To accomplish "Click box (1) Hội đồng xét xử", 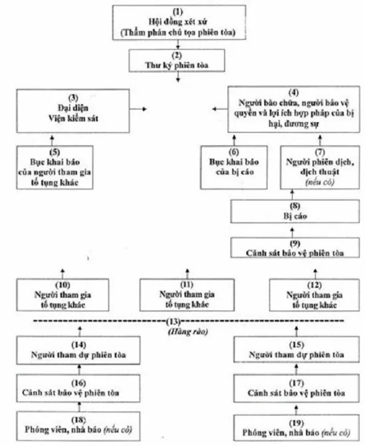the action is point(179,23).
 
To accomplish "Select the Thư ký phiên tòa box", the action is point(177,60).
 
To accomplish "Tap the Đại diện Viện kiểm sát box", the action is point(73,111).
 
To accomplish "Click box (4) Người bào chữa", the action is point(293,110).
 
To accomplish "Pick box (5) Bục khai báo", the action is point(54,167).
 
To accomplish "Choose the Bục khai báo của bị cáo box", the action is point(234,167).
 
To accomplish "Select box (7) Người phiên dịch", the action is point(320,167).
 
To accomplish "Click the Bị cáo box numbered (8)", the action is point(295,211).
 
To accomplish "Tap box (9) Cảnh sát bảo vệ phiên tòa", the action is point(295,248).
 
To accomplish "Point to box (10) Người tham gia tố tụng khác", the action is point(62,295).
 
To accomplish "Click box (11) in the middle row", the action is point(187,295).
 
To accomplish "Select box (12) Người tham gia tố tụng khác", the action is point(315,295).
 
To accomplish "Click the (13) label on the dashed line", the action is point(173,321).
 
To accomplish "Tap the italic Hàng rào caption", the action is point(188,332).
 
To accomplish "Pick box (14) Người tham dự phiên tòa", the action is point(78,350).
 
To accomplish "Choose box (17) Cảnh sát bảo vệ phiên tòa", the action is point(297,388).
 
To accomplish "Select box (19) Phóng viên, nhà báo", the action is point(297,428).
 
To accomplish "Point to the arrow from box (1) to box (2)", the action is point(178,44).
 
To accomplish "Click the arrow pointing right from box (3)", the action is point(138,109).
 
